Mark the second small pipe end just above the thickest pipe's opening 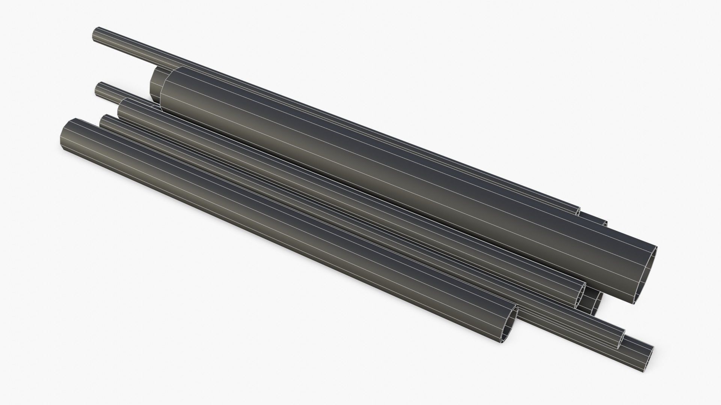[605, 223]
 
